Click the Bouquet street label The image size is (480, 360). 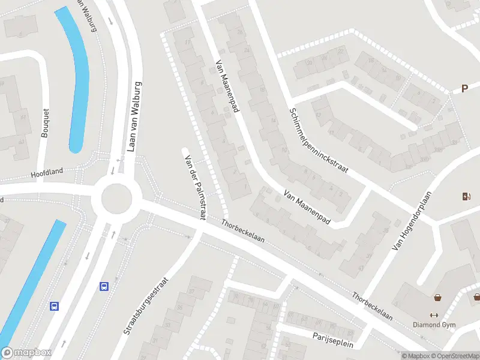point(45,123)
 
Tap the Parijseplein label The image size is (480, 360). point(333,340)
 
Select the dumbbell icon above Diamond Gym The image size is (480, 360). point(434,316)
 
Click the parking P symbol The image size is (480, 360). point(464,89)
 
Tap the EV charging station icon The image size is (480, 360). point(466,196)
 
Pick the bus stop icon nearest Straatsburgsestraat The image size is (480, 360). point(104,286)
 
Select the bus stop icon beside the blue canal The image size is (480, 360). point(55,306)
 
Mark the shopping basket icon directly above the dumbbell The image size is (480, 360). point(438,297)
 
